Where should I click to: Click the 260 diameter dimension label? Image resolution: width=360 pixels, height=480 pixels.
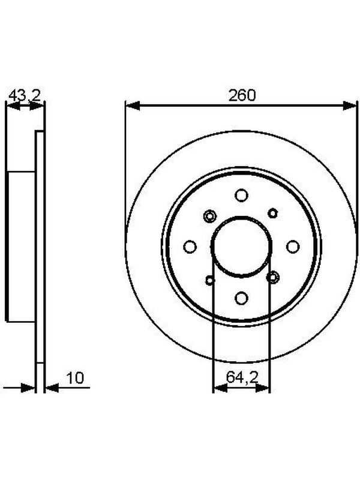(242, 95)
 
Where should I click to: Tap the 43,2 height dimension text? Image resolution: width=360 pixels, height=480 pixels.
(25, 96)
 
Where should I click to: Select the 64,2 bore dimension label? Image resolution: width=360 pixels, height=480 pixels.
(242, 377)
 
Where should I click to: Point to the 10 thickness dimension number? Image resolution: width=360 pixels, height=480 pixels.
(75, 378)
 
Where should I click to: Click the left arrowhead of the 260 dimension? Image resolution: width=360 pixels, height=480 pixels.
(133, 106)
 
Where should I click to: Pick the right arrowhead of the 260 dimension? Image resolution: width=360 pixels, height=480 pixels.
(350, 106)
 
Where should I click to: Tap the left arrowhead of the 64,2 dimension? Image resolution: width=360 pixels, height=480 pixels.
(220, 388)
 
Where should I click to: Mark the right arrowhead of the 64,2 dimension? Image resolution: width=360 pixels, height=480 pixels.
(262, 388)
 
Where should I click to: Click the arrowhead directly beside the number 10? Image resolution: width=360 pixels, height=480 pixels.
(52, 388)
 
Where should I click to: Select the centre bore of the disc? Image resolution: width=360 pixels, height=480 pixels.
(241, 247)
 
